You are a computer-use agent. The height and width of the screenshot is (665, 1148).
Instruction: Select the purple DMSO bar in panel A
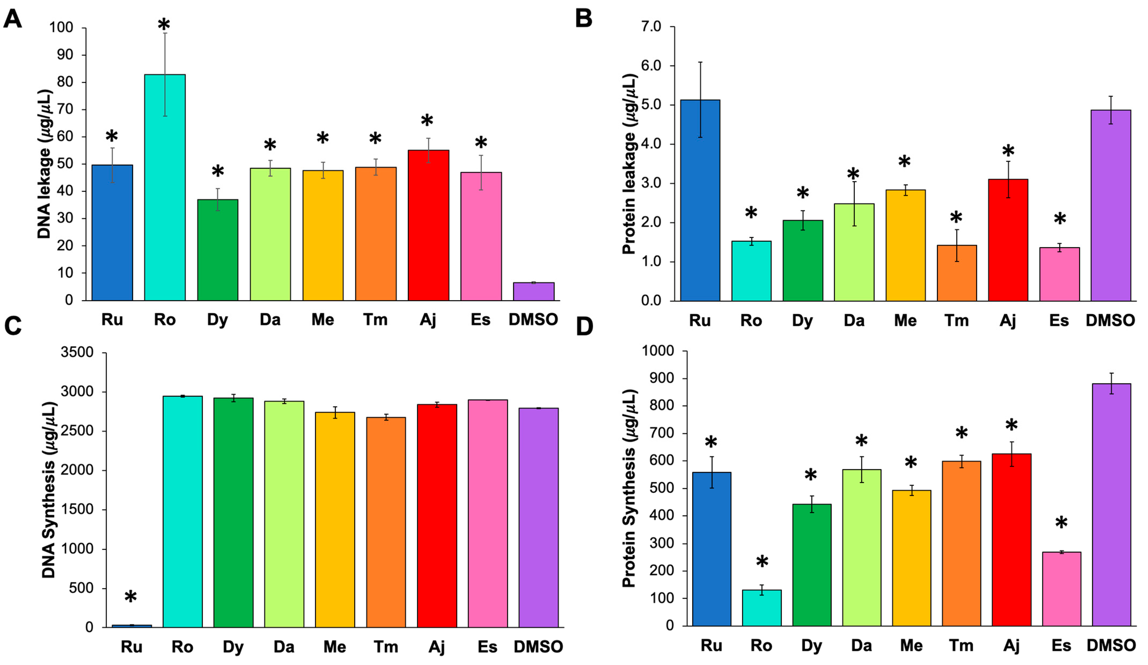533,292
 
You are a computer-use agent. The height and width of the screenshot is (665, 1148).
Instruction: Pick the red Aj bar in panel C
437,515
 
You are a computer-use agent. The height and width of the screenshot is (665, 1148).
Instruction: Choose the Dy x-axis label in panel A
217,320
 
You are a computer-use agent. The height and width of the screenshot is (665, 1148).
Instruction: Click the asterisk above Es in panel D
1061,523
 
